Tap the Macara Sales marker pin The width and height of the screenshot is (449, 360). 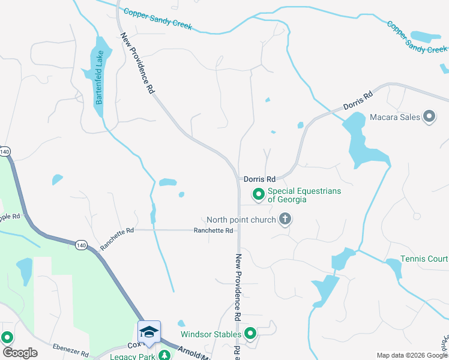(429, 116)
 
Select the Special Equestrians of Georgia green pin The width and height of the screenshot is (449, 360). (259, 194)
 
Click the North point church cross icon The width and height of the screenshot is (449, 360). (285, 219)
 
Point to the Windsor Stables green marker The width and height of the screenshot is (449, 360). (250, 334)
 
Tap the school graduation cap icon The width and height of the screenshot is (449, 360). (149, 331)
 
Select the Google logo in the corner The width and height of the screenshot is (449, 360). (20, 352)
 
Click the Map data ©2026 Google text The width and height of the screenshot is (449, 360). (411, 355)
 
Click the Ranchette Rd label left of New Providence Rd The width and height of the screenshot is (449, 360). (212, 230)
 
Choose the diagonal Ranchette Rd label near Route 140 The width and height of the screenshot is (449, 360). (116, 239)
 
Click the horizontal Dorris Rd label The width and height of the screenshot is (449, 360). (259, 179)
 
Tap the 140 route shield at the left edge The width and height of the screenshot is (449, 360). (5, 152)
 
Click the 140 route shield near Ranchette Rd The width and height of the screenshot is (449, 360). (82, 244)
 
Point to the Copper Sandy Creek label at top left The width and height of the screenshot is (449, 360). (157, 19)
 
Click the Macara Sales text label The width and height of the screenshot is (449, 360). (394, 117)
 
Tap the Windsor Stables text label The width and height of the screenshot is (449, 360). (210, 334)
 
